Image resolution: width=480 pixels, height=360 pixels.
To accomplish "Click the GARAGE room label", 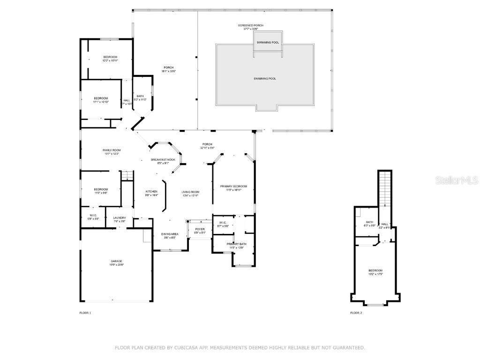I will click(x=116, y=261).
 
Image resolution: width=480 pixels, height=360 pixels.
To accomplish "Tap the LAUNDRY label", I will click(x=120, y=217).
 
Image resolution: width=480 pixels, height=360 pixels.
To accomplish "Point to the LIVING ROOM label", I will click(x=190, y=192).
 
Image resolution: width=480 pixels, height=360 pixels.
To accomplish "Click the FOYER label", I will click(x=200, y=229).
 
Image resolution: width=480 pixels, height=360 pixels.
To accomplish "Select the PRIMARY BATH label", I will click(x=237, y=244).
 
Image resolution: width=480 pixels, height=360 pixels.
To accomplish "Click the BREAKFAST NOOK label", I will click(x=163, y=160).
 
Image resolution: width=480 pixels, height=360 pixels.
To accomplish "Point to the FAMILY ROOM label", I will click(x=112, y=150).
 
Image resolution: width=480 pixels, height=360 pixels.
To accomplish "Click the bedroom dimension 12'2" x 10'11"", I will click(x=110, y=60).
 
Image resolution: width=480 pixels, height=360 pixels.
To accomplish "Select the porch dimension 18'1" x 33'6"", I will click(x=168, y=71).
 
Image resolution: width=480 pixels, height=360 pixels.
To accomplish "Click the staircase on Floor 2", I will click(x=385, y=187).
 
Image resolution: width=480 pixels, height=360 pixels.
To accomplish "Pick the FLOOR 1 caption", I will click(x=85, y=313).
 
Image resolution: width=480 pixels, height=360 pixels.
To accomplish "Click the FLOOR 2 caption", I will click(x=356, y=313).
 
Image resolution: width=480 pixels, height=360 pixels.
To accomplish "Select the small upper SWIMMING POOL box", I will click(x=268, y=43).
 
